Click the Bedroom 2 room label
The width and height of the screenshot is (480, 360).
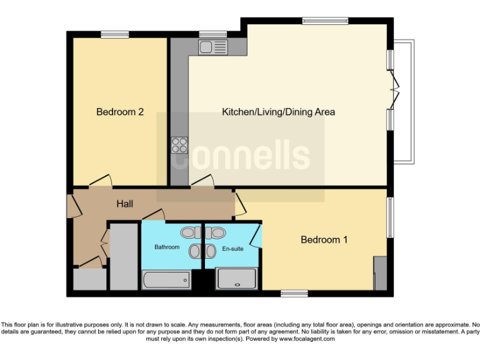120,112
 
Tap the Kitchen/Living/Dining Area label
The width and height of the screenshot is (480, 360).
279,112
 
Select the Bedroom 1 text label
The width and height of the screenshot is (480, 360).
324,239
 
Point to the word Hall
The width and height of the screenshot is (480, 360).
124,204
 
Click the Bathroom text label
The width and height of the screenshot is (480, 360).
167,247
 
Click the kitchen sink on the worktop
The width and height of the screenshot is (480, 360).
213,47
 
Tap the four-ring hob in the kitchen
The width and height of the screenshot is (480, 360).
179,145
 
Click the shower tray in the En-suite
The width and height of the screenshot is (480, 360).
236,279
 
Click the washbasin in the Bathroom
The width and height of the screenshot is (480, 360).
196,251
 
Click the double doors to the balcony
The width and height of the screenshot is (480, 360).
394,88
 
